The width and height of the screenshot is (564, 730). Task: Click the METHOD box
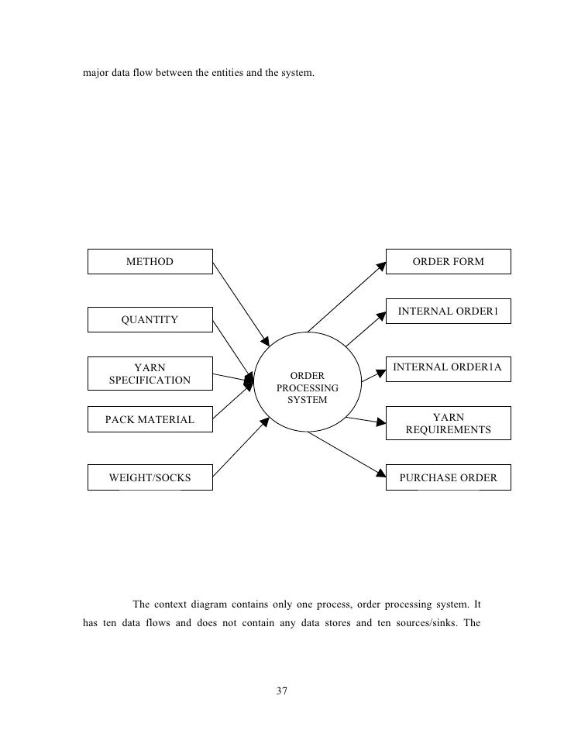tap(150, 262)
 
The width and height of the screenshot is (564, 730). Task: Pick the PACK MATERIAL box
tap(150, 421)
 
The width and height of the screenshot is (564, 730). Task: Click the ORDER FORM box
tap(448, 262)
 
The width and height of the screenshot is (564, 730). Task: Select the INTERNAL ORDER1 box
tap(448, 313)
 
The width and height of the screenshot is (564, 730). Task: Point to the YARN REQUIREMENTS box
tap(448, 423)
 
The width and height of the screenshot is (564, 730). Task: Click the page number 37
tap(281, 690)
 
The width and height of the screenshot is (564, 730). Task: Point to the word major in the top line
tap(98, 76)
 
